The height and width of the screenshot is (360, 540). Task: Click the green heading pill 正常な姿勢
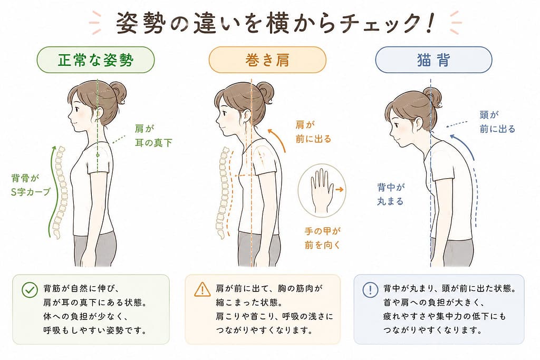click(x=95, y=60)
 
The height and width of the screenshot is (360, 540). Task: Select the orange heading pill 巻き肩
click(x=267, y=60)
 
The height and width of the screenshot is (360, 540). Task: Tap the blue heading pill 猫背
click(x=433, y=60)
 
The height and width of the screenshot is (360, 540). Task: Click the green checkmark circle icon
click(x=30, y=290)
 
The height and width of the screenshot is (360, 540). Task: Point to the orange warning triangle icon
click(x=202, y=290)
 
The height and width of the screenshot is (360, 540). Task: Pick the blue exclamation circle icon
click(x=370, y=290)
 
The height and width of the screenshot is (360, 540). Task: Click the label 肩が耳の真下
click(x=153, y=135)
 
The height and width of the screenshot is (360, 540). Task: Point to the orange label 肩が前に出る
click(x=313, y=131)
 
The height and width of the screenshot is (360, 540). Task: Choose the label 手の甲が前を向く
click(x=323, y=238)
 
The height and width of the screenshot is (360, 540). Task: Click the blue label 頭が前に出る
click(x=497, y=122)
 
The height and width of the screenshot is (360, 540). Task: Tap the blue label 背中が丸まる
click(x=391, y=194)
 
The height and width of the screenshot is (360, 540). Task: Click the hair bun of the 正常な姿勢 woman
click(x=118, y=93)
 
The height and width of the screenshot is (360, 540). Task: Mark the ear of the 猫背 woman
click(x=418, y=123)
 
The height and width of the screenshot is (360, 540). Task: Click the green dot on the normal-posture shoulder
click(x=98, y=155)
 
